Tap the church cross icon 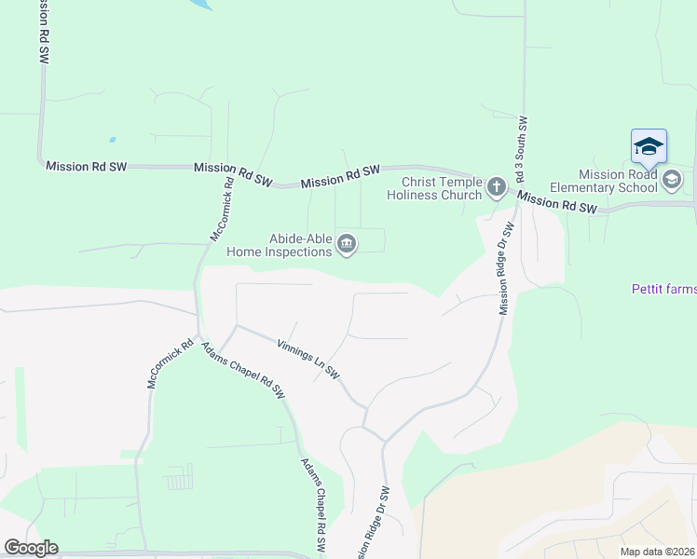496,188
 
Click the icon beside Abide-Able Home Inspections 347,245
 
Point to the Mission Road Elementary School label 618,181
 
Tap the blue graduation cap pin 649,147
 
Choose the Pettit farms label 663,290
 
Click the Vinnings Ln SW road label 308,358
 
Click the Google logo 31,548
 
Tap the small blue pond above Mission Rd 112,140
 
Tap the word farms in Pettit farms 680,290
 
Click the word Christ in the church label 418,182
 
